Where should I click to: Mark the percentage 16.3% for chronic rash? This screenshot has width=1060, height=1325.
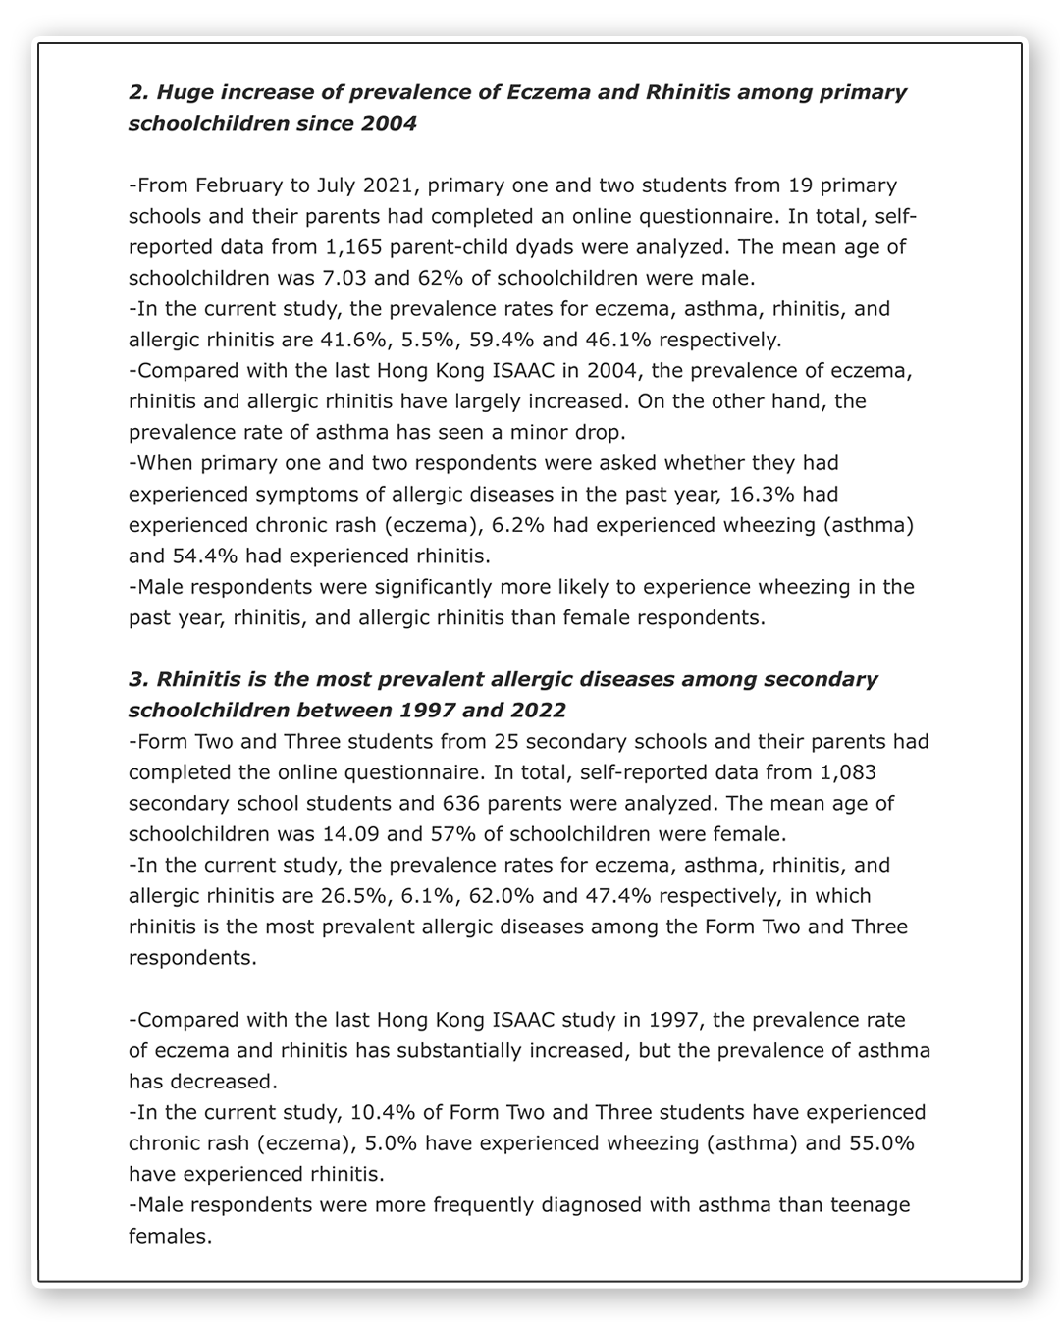(x=778, y=494)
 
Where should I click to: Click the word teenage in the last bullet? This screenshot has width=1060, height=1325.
(x=870, y=1204)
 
